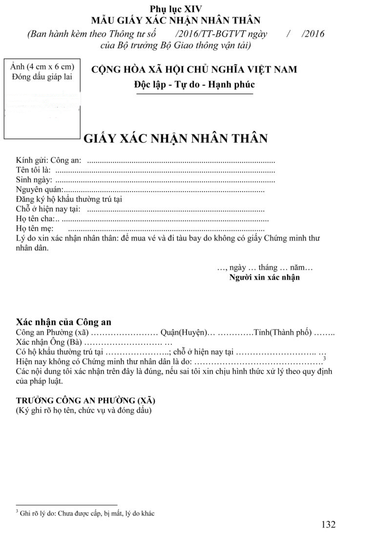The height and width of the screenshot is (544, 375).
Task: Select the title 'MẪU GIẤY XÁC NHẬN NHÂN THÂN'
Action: coord(176,21)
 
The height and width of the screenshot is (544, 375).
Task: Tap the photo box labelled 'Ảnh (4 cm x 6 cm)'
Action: coord(42,100)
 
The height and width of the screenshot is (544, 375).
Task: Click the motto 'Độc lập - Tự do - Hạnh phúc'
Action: coord(194,84)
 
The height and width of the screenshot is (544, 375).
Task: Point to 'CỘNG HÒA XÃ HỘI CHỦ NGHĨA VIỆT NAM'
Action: coord(194,69)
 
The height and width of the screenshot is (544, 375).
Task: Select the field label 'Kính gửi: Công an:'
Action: coord(49,160)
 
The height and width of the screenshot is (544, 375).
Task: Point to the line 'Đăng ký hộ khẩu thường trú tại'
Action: coord(69,199)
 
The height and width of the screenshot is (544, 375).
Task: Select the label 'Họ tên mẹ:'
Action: coord(35,229)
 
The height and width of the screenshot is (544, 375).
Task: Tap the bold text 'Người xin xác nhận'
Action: coord(265,278)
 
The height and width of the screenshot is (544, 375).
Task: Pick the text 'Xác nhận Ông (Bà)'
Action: coord(47,342)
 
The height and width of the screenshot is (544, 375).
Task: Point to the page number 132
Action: coord(329,525)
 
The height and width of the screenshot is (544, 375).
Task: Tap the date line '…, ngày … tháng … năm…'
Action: coord(265,268)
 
